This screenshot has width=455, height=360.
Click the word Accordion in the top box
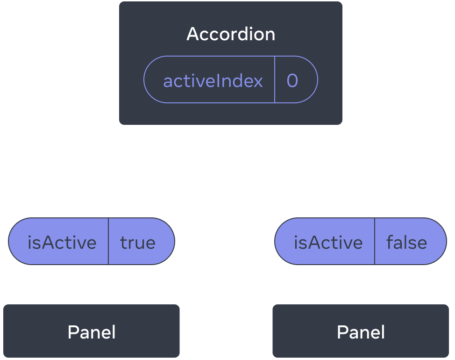point(231,34)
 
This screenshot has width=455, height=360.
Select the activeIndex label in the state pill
point(213,81)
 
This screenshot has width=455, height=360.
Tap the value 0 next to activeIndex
point(292,81)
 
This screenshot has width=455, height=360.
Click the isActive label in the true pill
point(62,242)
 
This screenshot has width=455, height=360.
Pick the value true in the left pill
point(138,242)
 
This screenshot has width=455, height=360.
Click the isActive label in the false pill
point(328,242)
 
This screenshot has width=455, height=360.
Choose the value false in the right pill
point(406,242)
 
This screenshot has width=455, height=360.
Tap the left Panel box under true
point(92,332)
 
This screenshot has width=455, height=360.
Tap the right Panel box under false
point(361,332)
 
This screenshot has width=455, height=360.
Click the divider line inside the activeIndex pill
point(275,79)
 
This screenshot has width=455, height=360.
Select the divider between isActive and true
point(108,241)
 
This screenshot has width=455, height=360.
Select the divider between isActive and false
point(375,241)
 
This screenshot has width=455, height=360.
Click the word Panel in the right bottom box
point(361,332)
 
